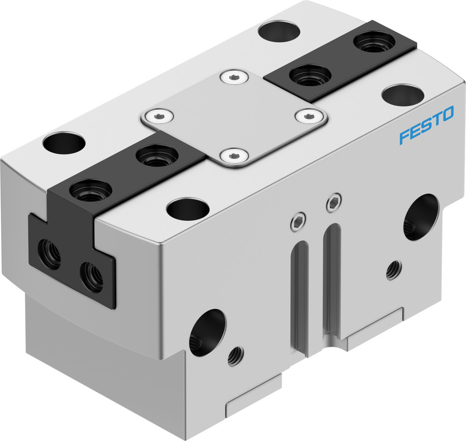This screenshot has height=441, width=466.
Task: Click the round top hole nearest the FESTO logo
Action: point(402,94)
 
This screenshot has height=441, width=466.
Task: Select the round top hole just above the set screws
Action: point(187,208)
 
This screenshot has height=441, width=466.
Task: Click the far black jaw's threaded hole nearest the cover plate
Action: point(310,75)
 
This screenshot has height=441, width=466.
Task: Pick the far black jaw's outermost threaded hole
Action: point(374,41)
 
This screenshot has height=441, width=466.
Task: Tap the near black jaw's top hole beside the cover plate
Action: point(156,156)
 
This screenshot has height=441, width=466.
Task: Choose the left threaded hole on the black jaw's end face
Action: point(49,253)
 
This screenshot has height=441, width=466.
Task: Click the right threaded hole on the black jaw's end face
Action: point(91,277)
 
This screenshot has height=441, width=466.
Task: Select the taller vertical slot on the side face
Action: point(334,279)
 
